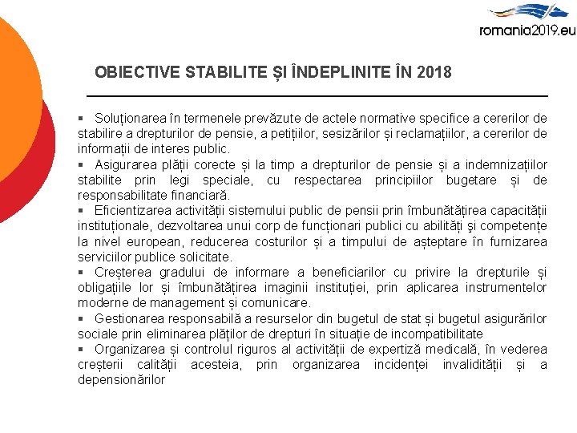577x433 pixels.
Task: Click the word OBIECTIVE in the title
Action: tap(137, 73)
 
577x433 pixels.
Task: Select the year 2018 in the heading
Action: tap(434, 73)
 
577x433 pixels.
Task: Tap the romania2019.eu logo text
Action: tap(527, 30)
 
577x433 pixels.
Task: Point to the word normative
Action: tap(390, 119)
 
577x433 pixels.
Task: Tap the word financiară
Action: tap(196, 195)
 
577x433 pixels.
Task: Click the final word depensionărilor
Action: tap(121, 380)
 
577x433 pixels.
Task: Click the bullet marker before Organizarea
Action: tap(82, 350)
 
